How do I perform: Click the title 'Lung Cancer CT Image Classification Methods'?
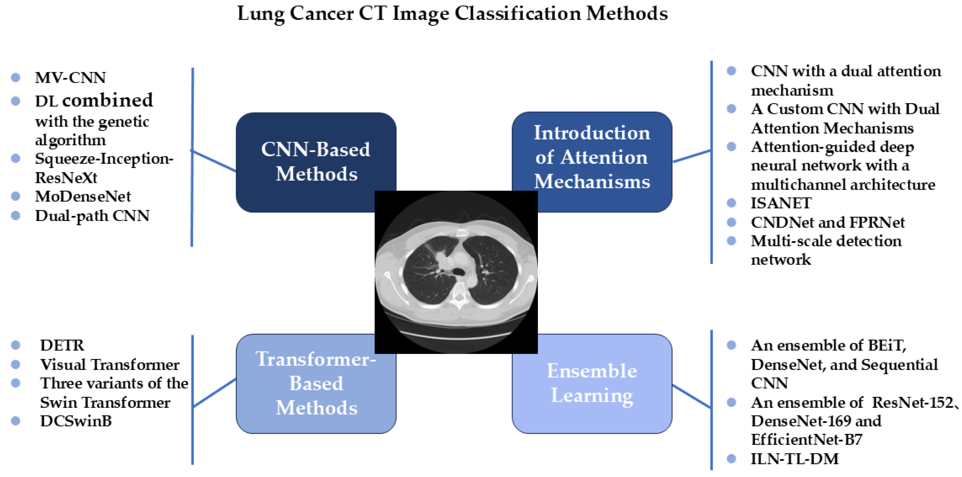pos(452,14)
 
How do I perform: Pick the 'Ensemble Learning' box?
pos(592,383)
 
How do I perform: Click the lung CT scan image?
pos(456,272)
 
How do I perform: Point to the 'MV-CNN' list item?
pos(70,78)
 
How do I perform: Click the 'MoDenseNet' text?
pos(83,196)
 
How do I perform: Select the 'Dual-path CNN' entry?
pos(92,216)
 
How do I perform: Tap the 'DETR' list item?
pos(62,345)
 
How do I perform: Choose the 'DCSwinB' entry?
pos(76,421)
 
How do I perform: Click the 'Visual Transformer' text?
pos(110,365)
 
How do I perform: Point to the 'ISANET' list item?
pos(781,203)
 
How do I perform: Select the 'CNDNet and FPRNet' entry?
pos(828,222)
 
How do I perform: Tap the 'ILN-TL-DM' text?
pos(795,459)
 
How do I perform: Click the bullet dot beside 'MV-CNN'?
pos(16,77)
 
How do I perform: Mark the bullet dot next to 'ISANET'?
pos(731,203)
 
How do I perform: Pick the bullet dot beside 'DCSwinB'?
pos(16,421)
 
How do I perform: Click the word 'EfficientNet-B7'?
pos(807,440)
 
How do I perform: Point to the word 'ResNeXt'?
pos(66,178)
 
